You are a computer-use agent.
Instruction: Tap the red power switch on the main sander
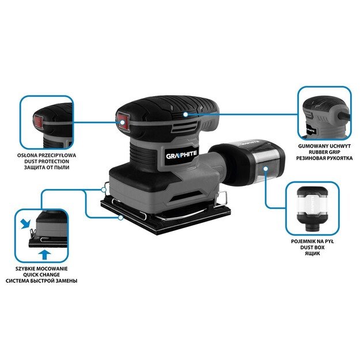coord(122,120)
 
